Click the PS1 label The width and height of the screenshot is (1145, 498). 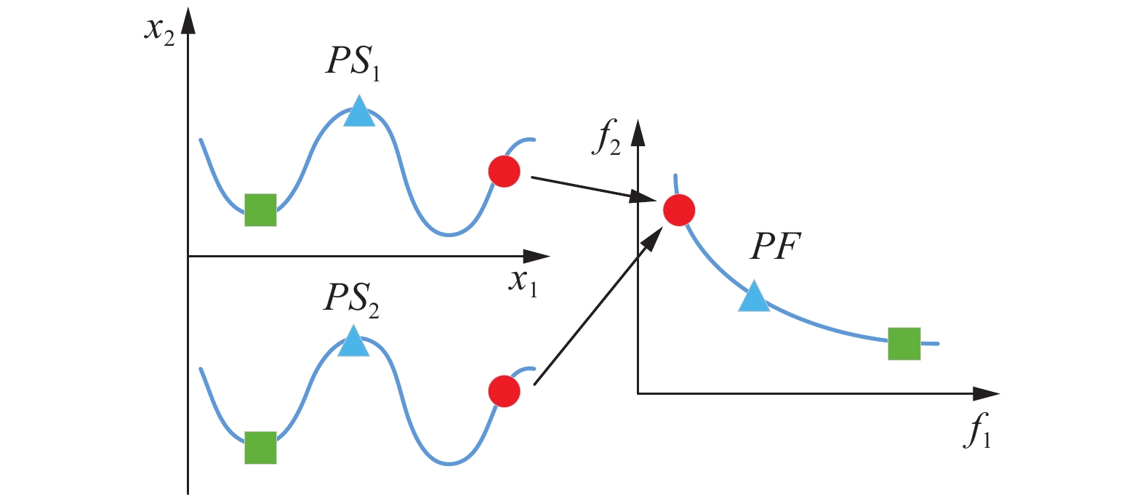pos(353,62)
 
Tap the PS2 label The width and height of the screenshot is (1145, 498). pos(351,298)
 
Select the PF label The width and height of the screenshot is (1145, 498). pos(775,247)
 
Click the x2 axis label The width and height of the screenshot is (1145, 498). pos(160,31)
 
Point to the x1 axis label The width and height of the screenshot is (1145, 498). pos(523,281)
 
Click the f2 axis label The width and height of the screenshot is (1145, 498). pos(606,138)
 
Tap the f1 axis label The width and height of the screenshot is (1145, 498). pos(977,430)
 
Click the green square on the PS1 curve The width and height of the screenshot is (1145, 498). pos(260,210)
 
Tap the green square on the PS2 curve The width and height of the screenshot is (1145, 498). pos(260,447)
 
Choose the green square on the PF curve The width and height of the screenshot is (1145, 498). pos(904,344)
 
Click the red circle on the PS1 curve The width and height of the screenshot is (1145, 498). pos(505,172)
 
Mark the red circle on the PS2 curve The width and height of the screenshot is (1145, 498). pos(505,391)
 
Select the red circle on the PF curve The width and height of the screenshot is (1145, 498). pos(679,210)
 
